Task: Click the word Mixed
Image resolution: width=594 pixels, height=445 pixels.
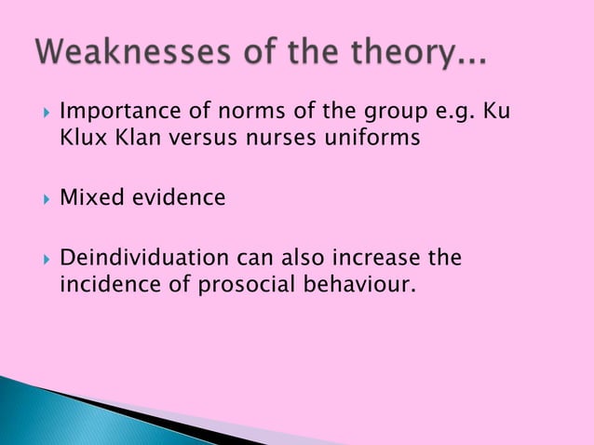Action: pos(88,198)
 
